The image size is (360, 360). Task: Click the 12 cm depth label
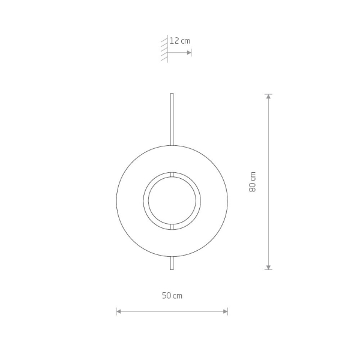click(180, 41)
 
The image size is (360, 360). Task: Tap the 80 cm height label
click(253, 182)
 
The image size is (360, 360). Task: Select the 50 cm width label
click(172, 295)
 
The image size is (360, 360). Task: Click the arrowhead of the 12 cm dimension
click(189, 53)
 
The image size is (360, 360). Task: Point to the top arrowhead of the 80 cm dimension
click(268, 97)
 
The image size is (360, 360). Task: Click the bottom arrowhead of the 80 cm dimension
click(268, 267)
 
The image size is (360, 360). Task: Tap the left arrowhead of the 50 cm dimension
click(119, 311)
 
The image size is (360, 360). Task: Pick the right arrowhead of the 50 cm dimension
click(225, 311)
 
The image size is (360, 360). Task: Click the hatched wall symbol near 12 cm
click(164, 49)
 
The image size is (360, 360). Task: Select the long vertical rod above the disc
click(172, 119)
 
